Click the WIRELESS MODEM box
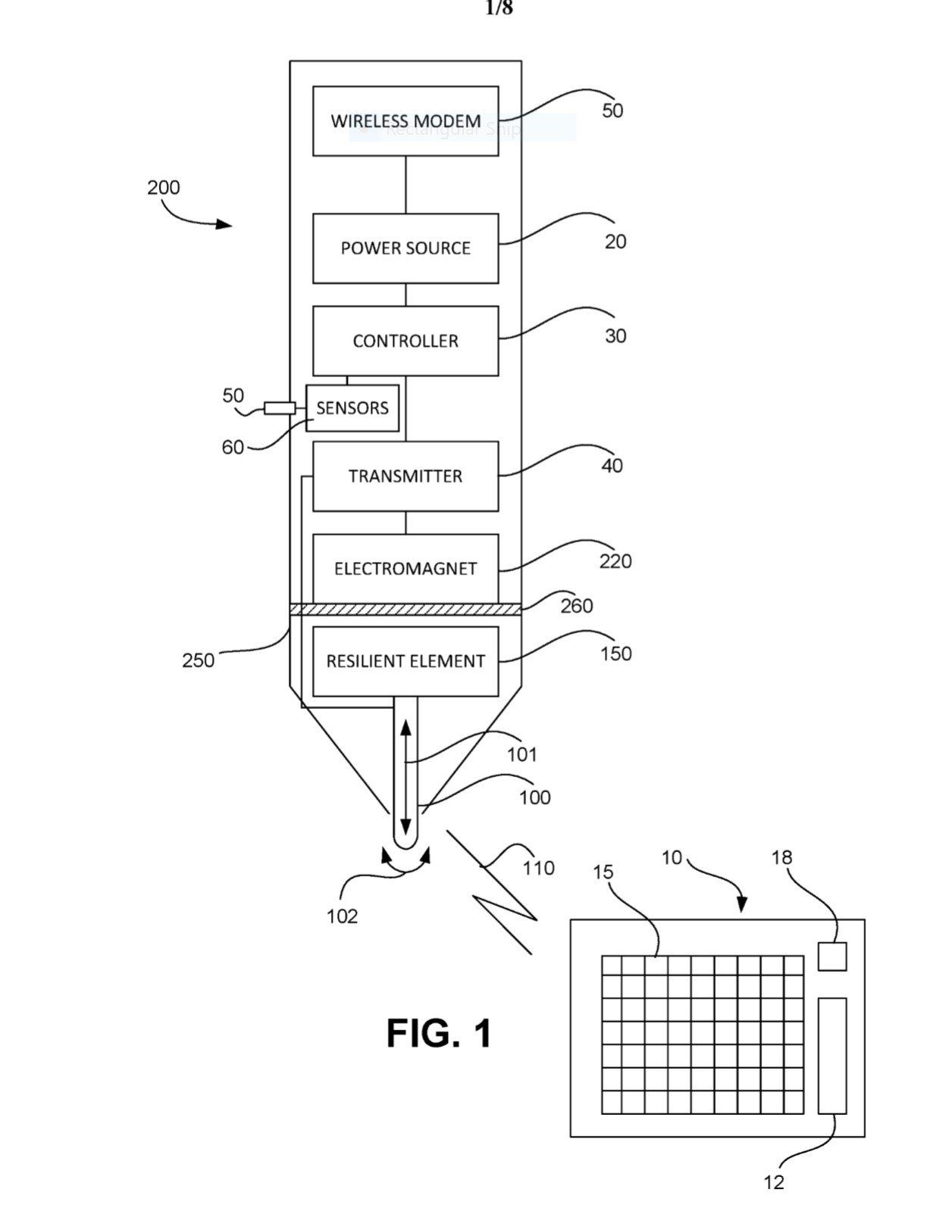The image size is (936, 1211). pos(405,121)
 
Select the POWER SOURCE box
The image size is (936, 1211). pos(405,248)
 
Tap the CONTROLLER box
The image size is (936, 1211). pos(405,341)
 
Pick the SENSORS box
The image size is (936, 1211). pos(352,408)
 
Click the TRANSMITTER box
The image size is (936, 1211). pos(405,476)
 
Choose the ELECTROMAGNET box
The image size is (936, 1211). pos(405,569)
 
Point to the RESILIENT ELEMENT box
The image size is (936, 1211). pos(405,661)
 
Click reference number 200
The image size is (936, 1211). pos(164,187)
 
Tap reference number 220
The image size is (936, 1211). pos(615,561)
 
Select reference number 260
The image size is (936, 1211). pos(577,606)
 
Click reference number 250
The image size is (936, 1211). pos(198,660)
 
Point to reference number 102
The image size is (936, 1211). pos(342,916)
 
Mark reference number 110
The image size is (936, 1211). pos(539,868)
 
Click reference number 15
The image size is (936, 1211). pos(603,872)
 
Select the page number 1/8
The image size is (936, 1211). pos(499,8)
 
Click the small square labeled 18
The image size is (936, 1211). pos(832,957)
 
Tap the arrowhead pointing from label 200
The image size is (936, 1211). pos(224,224)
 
